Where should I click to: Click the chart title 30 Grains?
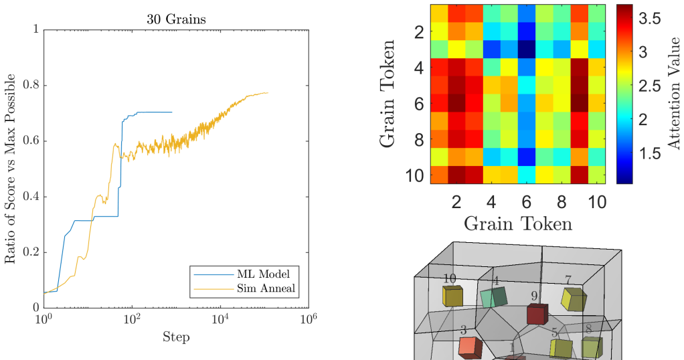click(176, 19)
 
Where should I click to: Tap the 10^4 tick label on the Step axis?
click(220, 319)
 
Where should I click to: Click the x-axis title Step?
click(176, 337)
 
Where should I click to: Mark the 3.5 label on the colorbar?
click(650, 18)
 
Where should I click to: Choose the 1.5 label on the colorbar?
click(650, 153)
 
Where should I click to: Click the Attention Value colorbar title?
click(674, 94)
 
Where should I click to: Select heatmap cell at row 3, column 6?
click(527, 50)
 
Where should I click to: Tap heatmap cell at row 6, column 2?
click(456, 103)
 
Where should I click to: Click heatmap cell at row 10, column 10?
click(597, 175)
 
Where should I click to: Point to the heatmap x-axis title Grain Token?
click(518, 223)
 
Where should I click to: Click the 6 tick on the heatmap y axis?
click(419, 104)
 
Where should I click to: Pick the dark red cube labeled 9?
click(537, 314)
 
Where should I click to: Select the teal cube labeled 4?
click(493, 297)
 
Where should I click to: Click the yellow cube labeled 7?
click(574, 299)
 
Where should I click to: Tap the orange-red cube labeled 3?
click(471, 347)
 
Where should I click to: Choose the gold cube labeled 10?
click(452, 296)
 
